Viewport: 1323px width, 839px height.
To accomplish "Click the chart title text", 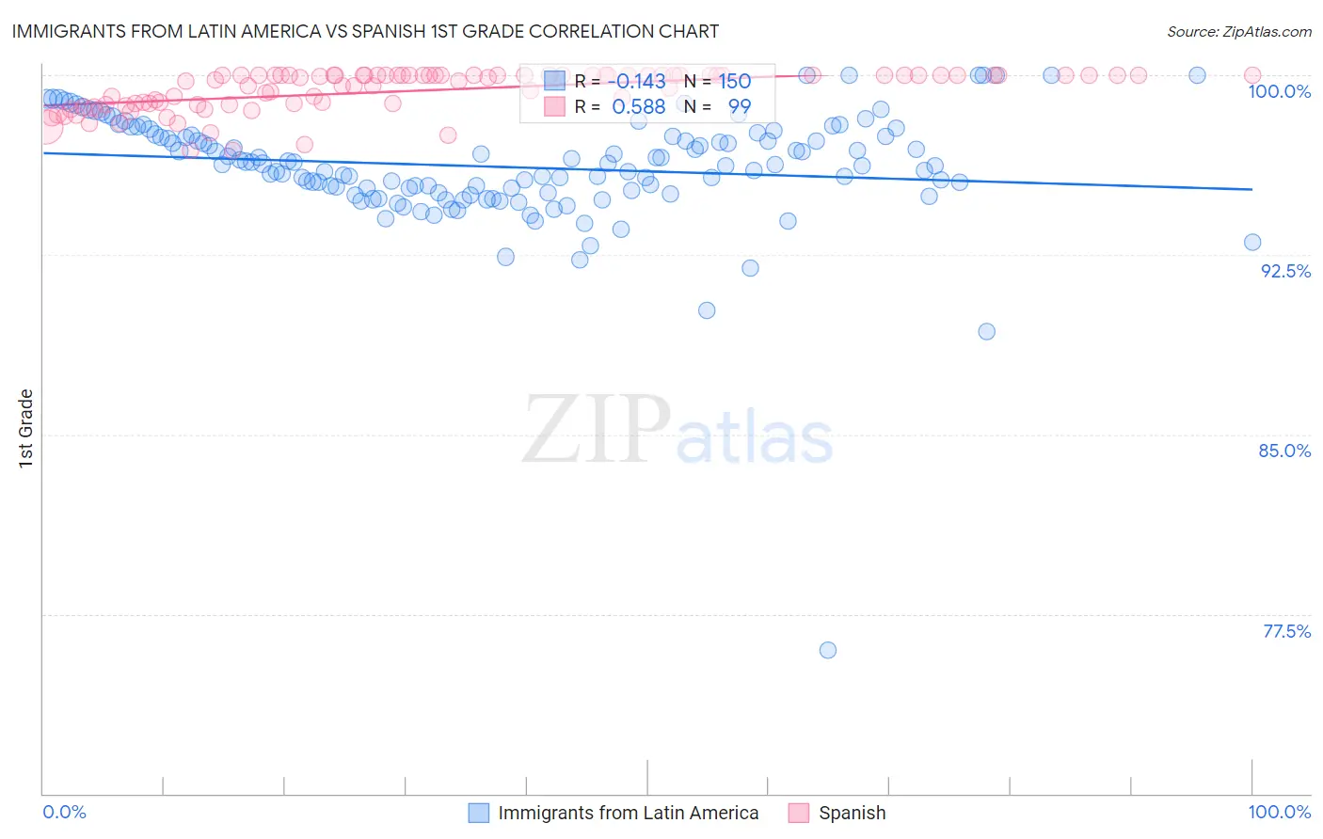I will pyautogui.click(x=365, y=31).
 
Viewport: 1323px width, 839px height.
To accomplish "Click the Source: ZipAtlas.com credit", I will pyautogui.click(x=1238, y=31).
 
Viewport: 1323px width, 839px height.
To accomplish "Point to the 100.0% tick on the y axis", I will pyautogui.click(x=1279, y=91).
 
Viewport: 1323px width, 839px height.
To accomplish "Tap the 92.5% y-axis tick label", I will pyautogui.click(x=1285, y=271).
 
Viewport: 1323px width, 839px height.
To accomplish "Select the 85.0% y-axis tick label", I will pyautogui.click(x=1284, y=451).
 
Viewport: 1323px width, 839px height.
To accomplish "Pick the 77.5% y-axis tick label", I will pyautogui.click(x=1286, y=631).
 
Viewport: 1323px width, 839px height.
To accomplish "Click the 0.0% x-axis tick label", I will pyautogui.click(x=64, y=812).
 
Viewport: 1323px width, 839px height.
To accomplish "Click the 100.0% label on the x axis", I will pyautogui.click(x=1279, y=812).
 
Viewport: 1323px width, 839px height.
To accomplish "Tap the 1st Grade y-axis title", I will pyautogui.click(x=26, y=428).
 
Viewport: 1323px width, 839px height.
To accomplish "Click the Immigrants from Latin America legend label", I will pyautogui.click(x=628, y=813).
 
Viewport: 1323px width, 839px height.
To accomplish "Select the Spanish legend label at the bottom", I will pyautogui.click(x=852, y=813).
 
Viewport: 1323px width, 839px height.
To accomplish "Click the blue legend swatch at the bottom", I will pyautogui.click(x=479, y=813).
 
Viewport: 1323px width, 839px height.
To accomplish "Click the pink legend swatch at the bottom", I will pyautogui.click(x=799, y=813).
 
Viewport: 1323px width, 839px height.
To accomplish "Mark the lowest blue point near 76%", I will pyautogui.click(x=828, y=650).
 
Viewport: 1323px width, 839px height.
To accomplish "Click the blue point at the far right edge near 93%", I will pyautogui.click(x=1252, y=242).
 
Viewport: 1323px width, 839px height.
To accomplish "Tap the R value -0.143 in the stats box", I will pyautogui.click(x=638, y=82).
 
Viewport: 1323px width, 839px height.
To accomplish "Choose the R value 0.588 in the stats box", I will pyautogui.click(x=638, y=107).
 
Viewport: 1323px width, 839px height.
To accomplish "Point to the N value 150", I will pyautogui.click(x=735, y=82).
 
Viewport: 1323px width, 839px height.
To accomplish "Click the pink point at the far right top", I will pyautogui.click(x=1252, y=75).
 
